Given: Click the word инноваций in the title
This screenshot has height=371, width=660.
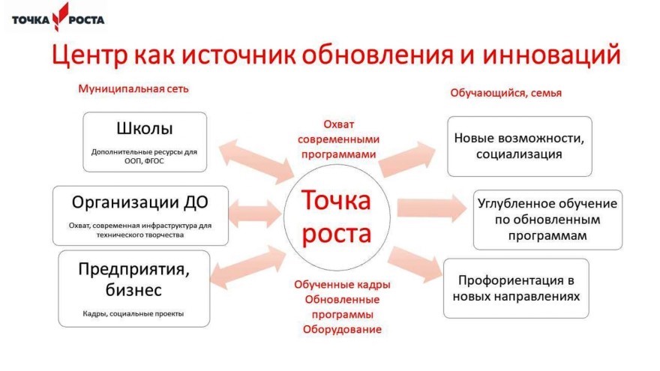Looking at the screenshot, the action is [x=551, y=55].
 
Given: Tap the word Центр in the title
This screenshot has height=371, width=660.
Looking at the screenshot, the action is [x=89, y=55].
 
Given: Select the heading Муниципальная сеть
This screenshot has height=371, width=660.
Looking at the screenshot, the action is [x=133, y=88].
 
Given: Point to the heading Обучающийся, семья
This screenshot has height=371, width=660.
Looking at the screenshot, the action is [x=506, y=93].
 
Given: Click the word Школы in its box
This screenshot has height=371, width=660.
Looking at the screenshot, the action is [x=144, y=128].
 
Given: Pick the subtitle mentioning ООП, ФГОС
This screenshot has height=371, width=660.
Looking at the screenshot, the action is [x=144, y=157].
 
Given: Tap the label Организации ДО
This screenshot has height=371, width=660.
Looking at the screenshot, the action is [x=139, y=202].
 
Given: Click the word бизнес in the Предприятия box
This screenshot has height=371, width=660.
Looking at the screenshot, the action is [x=133, y=290].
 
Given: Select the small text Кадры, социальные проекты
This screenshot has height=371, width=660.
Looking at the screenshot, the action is [x=133, y=313].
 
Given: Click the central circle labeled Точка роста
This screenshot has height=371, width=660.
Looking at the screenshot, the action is [x=337, y=217].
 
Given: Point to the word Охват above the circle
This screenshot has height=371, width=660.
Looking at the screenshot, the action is [x=339, y=124].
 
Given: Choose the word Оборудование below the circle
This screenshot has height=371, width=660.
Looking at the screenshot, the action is [x=342, y=329].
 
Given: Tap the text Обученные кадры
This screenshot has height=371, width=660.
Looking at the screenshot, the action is [x=342, y=285].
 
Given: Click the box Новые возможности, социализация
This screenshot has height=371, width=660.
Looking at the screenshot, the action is [x=520, y=146].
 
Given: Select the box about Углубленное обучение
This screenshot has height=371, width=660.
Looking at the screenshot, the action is [x=547, y=220].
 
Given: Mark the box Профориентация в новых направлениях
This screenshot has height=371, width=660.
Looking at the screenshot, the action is [x=516, y=289].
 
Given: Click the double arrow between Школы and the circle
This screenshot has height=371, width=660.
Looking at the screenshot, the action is [x=256, y=162].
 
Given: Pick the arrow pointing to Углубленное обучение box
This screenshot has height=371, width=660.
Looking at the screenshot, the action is [x=432, y=208].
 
